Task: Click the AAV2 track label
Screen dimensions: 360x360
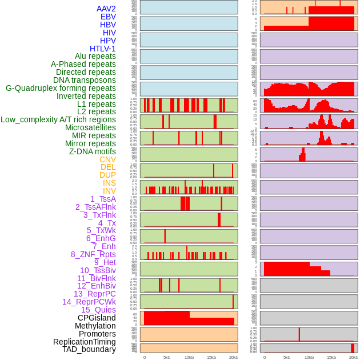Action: pos(106,9)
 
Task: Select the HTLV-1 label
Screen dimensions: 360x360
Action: pos(103,49)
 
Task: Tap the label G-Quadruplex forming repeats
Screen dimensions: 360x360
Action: pos(61,88)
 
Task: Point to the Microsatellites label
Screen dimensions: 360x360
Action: pos(90,127)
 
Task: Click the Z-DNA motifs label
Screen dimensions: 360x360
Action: pos(93,151)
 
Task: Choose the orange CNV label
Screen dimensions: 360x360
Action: pos(107,159)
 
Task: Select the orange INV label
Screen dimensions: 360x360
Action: pos(109,191)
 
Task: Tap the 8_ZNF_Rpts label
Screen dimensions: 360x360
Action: pos(93,254)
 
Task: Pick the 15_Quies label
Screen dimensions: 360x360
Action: pos(98,310)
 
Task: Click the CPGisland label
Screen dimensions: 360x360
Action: pos(97,318)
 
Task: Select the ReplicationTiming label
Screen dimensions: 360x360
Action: pos(84,342)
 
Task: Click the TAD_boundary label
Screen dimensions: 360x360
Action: pos(89,349)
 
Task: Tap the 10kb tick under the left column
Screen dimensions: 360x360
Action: pos(189,357)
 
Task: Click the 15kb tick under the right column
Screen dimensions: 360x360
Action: pos(331,357)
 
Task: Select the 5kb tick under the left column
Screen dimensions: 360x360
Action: pos(167,357)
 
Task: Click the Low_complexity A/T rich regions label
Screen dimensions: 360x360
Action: pos(58,119)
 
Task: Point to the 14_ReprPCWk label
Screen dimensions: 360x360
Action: pos(89,302)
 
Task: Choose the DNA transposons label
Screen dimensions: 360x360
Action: pos(85,80)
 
